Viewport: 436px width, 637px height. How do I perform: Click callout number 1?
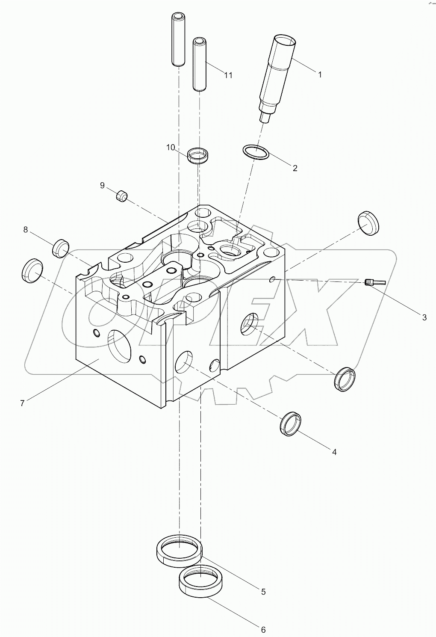click(319, 74)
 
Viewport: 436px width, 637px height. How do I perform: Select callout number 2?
click(295, 168)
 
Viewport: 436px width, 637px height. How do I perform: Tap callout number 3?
click(424, 317)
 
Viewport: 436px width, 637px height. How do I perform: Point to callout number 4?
click(334, 452)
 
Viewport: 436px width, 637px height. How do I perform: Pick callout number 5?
click(263, 592)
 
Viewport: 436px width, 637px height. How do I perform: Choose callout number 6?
click(263, 629)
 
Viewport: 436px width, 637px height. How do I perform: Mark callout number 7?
click(22, 403)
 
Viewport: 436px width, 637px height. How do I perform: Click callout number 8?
click(26, 230)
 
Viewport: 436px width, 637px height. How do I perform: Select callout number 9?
click(102, 185)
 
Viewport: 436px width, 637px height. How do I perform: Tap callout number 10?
click(171, 148)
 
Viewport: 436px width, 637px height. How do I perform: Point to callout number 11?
click(228, 75)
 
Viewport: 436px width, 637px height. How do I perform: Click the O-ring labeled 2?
click(256, 152)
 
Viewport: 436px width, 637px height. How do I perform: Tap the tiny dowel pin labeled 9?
click(122, 196)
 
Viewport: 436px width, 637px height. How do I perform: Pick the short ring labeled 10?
click(199, 154)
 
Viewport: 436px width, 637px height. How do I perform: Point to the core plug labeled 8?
click(61, 248)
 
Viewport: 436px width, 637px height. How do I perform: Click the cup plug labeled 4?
click(292, 424)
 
